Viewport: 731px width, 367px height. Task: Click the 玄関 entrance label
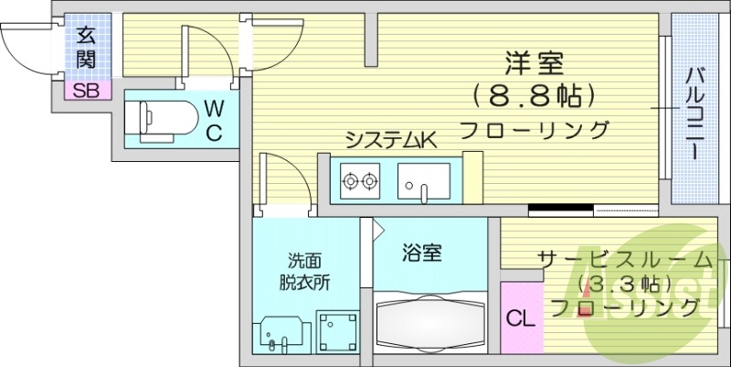point(86,48)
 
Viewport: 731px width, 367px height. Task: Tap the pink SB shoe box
point(87,90)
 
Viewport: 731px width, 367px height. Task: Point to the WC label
point(214,122)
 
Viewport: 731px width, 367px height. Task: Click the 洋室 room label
point(535,64)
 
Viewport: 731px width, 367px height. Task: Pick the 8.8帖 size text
point(535,96)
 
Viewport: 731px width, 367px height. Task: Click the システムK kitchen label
point(392,140)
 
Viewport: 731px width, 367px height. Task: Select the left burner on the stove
point(350,180)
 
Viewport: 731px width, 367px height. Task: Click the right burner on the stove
point(369,180)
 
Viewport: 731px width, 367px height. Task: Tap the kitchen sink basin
point(424,181)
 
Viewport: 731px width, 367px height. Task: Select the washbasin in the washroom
point(281,334)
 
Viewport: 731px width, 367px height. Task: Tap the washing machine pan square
point(337,332)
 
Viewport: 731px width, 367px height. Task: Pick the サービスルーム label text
point(626,260)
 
